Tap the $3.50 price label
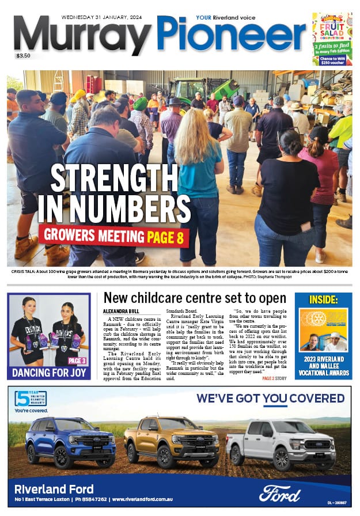pyautogui.click(x=24, y=56)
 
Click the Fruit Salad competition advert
pyautogui.click(x=332, y=39)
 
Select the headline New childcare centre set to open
pyautogui.click(x=195, y=298)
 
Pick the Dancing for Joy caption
pyautogui.click(x=49, y=372)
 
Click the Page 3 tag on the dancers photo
pyautogui.click(x=77, y=361)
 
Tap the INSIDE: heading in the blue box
pyautogui.click(x=323, y=300)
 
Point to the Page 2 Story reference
pyautogui.click(x=274, y=378)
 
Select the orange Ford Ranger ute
pyautogui.click(x=171, y=441)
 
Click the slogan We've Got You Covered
pyautogui.click(x=270, y=399)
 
